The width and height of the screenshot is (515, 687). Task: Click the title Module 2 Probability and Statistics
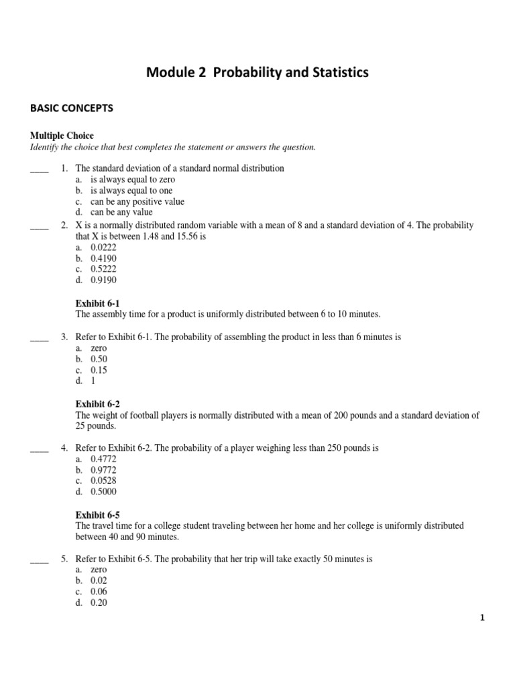coord(257,73)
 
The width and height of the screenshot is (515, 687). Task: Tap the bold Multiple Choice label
coord(61,136)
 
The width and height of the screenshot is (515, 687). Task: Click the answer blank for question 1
coord(40,168)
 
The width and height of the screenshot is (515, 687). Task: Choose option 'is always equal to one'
coord(129,191)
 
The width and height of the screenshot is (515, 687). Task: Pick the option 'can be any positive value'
coord(137,201)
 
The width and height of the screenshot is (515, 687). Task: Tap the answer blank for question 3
coord(40,337)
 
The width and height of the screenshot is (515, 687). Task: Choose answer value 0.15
coord(99,370)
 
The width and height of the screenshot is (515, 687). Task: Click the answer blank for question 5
coord(40,559)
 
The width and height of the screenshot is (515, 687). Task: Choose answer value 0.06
coord(99,592)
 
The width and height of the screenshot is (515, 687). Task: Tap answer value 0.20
coord(99,602)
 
